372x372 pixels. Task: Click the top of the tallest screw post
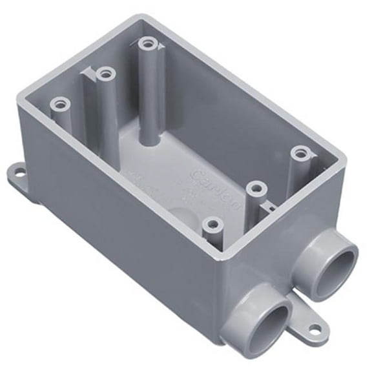tap(148, 45)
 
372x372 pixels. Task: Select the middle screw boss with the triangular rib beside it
tap(103, 74)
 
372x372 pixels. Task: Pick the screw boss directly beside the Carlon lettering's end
tap(257, 189)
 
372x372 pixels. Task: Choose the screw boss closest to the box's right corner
tap(298, 153)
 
